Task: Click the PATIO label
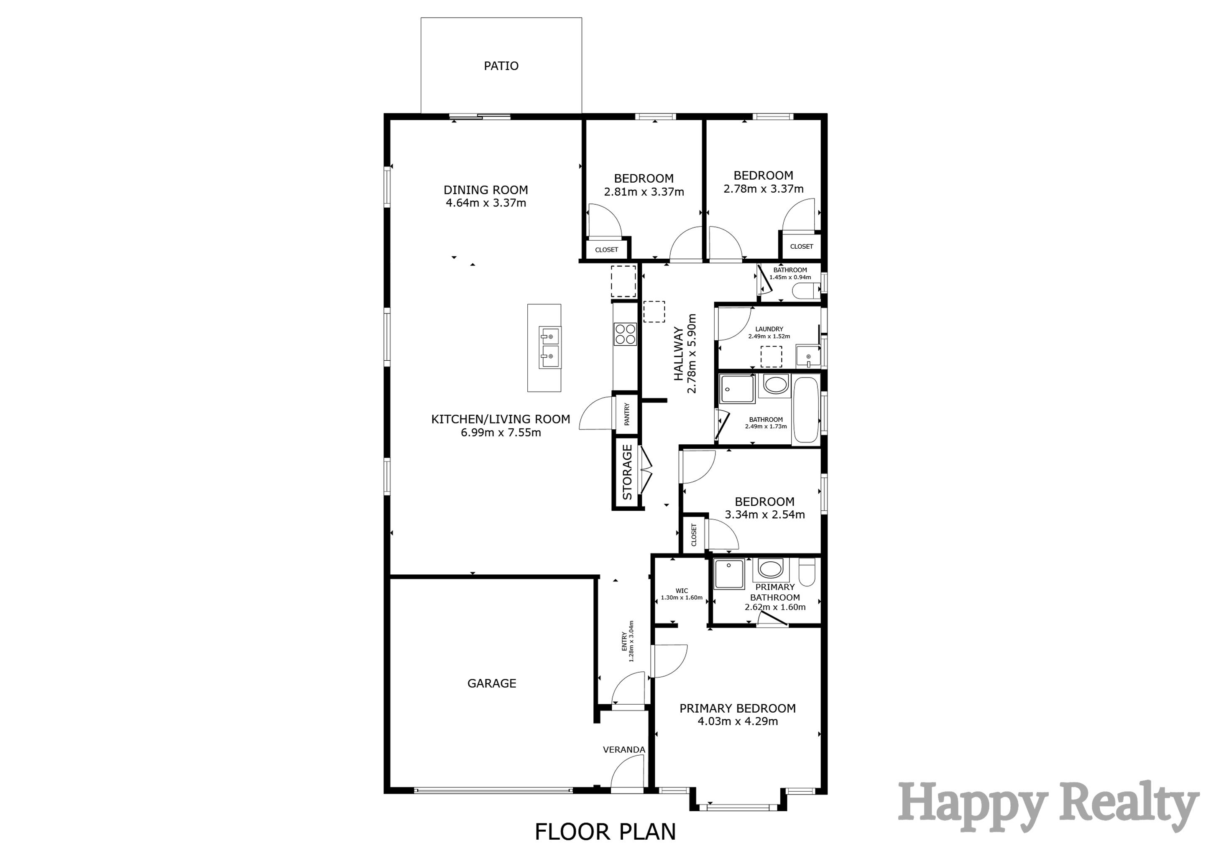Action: (501, 66)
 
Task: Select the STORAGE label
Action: (627, 472)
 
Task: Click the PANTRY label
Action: (626, 414)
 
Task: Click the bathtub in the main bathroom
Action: (805, 410)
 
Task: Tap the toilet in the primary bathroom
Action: (807, 573)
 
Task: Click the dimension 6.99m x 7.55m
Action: (501, 433)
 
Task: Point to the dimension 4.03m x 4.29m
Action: (737, 721)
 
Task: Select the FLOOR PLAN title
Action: (605, 831)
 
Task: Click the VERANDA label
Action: (624, 749)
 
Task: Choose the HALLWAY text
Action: (679, 353)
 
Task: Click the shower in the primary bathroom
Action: (728, 574)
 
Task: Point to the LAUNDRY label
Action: (769, 329)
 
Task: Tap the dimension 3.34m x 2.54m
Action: (764, 515)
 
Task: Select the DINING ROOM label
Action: (485, 190)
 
